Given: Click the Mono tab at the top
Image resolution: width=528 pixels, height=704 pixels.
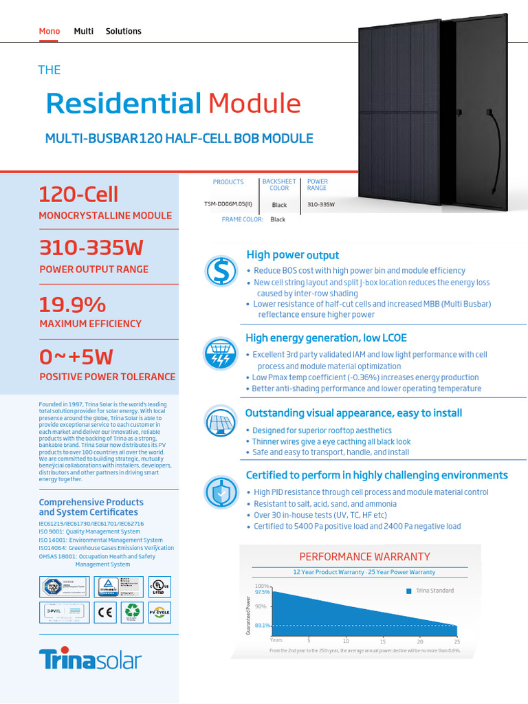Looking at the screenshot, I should tap(49, 31).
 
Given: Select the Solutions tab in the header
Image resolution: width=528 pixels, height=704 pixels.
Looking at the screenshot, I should tap(123, 31).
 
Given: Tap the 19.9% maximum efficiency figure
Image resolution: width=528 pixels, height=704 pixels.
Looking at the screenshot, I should tap(73, 305).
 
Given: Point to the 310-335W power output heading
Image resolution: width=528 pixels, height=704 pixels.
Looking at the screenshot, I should tap(91, 247).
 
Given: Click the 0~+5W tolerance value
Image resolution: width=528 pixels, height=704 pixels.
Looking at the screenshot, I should tap(76, 357).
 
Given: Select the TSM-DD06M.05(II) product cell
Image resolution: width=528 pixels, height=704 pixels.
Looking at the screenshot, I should tap(228, 205).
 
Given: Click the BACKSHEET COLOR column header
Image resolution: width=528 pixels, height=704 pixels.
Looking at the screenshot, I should tap(279, 185).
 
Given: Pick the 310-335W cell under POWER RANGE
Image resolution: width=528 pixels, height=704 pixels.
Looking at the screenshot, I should tap(321, 205).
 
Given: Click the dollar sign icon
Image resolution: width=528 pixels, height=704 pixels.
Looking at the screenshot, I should tap(221, 270).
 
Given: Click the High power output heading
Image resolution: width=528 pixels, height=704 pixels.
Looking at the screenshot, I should tap(292, 255).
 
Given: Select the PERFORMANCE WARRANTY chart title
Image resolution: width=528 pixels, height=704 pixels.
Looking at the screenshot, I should tap(364, 556).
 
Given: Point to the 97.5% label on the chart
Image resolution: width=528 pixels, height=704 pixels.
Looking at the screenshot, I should tap(262, 591).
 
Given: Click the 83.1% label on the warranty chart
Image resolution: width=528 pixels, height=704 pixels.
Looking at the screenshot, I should tap(262, 626).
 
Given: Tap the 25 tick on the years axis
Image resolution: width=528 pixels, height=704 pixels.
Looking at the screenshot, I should tap(456, 640).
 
